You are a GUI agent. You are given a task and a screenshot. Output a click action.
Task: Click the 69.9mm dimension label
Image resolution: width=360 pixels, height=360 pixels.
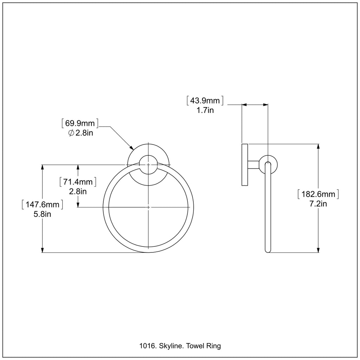click(80, 123)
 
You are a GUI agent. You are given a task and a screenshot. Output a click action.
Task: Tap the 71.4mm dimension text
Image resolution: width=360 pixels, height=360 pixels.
click(78, 182)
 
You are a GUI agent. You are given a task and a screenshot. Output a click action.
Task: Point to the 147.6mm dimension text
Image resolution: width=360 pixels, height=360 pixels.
click(43, 204)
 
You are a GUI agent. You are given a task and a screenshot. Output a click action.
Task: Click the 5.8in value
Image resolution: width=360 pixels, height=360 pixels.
click(43, 214)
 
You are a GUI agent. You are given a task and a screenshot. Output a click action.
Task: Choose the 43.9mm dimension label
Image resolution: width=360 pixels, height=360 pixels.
click(205, 101)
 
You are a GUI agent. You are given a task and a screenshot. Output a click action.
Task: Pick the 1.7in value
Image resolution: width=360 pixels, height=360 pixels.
click(205, 110)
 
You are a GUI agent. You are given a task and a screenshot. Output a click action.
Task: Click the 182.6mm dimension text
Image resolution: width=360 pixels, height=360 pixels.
click(318, 194)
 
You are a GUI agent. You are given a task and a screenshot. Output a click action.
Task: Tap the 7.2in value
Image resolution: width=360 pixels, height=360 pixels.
click(318, 204)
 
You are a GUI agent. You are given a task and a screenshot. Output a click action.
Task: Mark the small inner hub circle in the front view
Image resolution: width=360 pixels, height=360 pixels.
click(148, 165)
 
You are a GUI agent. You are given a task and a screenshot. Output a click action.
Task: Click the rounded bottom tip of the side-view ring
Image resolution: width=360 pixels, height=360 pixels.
click(268, 251)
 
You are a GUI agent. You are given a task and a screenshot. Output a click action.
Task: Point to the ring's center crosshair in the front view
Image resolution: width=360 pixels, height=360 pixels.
click(148, 207)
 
